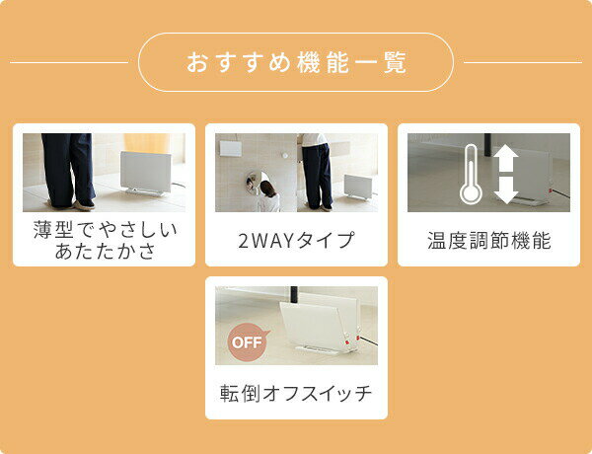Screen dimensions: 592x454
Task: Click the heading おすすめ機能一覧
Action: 296,62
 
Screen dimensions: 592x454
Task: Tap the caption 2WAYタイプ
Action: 296,240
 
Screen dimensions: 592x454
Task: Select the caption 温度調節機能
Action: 489,240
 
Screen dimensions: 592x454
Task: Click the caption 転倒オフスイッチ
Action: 296,393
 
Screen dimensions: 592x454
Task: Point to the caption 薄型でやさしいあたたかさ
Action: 105,240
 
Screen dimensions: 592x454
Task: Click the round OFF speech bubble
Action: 248,342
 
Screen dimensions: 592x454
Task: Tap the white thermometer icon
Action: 471,174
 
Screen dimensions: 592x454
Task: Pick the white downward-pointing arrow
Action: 505,190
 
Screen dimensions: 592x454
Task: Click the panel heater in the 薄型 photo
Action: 146,174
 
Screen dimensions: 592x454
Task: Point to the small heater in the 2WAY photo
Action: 358,187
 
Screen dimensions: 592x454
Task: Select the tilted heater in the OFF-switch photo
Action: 319,327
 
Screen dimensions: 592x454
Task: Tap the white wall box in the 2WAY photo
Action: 231,148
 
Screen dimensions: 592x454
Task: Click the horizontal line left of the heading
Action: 69,62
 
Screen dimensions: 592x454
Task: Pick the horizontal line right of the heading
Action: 523,62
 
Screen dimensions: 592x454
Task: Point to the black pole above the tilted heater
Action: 294,295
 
